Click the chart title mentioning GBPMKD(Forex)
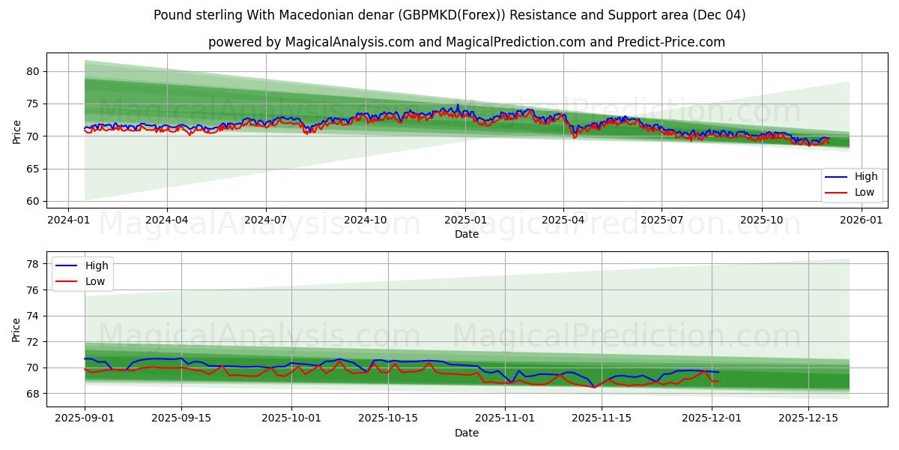(449, 15)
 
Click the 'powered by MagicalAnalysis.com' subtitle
(466, 42)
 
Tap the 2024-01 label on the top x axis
(68, 220)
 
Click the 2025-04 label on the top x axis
(563, 220)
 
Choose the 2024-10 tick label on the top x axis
(366, 220)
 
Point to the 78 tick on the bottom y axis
(34, 264)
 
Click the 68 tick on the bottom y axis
(34, 394)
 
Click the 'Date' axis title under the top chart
(466, 234)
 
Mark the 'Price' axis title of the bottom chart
(16, 329)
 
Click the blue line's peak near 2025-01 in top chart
(458, 105)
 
